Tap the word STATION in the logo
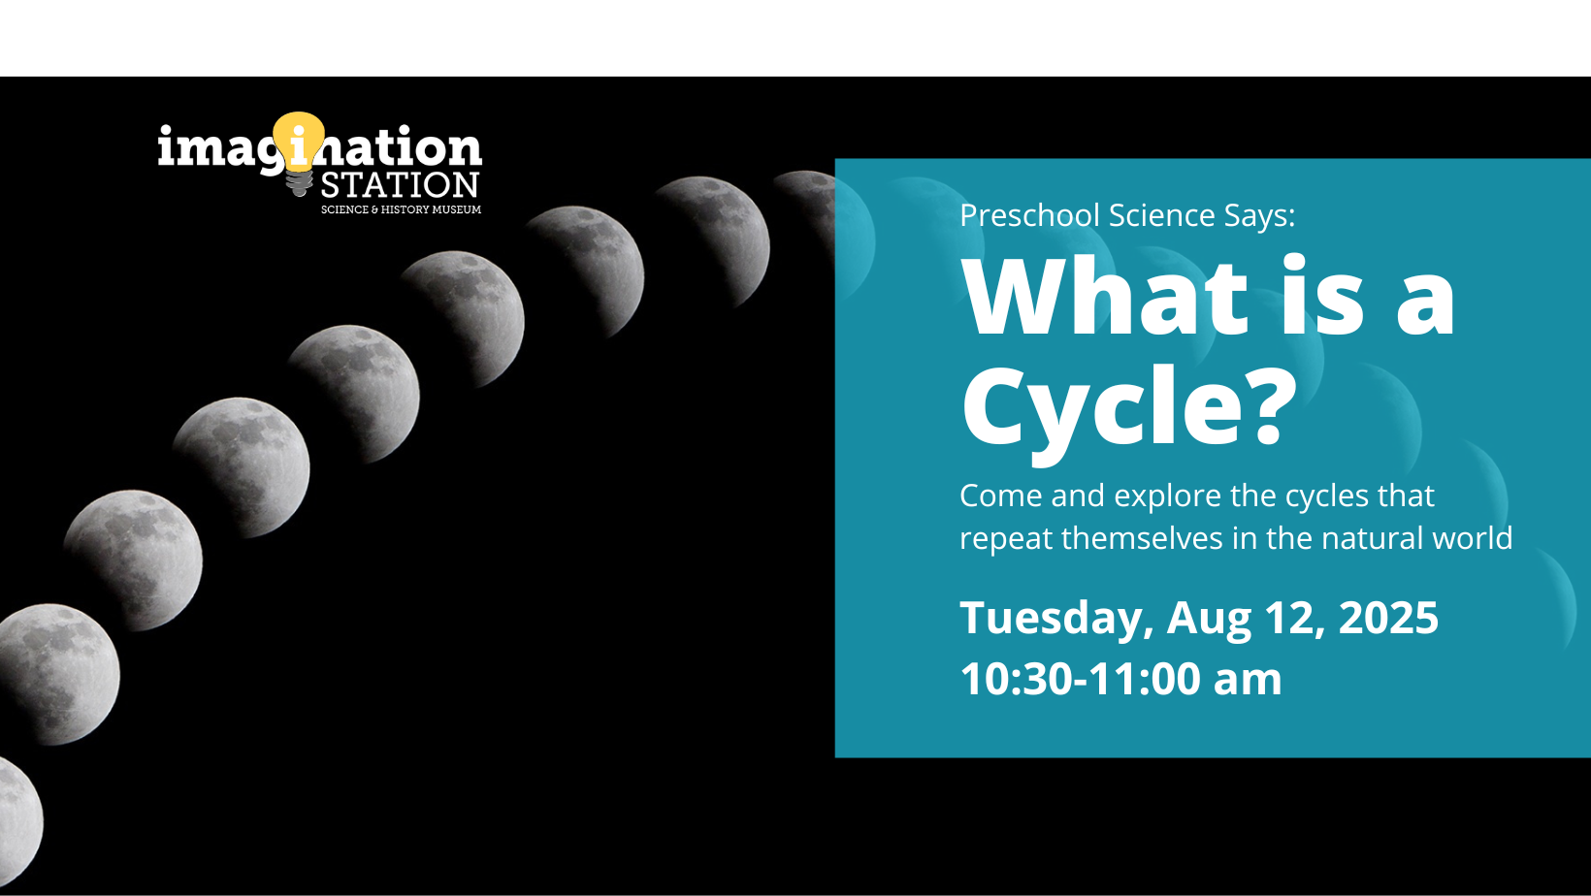(400, 184)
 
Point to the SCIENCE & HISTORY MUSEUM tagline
(402, 209)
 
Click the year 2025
(1388, 617)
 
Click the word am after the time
(1248, 682)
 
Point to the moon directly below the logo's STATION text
(462, 319)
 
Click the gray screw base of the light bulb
(299, 183)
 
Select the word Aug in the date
(1208, 619)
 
